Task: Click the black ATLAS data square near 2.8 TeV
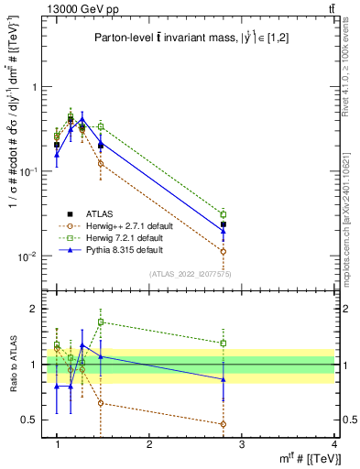pyautogui.click(x=224, y=224)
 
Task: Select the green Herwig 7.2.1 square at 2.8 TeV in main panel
pyautogui.click(x=224, y=214)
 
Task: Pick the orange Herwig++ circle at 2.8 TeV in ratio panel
pyautogui.click(x=224, y=424)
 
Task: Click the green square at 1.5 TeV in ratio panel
pyautogui.click(x=101, y=322)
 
